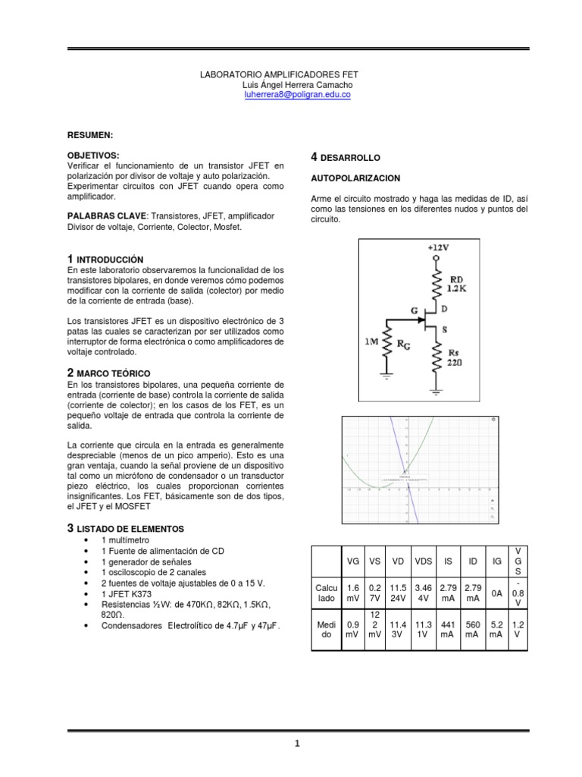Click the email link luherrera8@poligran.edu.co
296,96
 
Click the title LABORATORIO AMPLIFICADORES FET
278,75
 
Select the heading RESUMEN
90,134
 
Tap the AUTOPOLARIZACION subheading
355,178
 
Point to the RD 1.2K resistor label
458,284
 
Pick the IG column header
497,562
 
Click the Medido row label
327,629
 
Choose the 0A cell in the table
497,594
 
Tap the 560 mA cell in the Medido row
473,629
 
